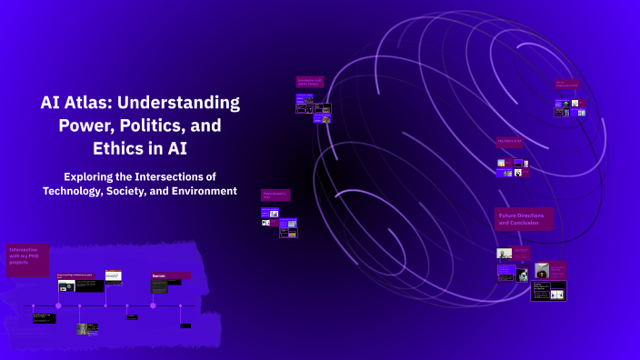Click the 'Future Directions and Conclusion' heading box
(524, 218)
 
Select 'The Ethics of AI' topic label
(510, 141)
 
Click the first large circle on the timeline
(58, 305)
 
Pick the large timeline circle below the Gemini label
(153, 305)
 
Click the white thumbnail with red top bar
(113, 275)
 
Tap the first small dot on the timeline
(33, 305)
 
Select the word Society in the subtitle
(145, 190)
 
